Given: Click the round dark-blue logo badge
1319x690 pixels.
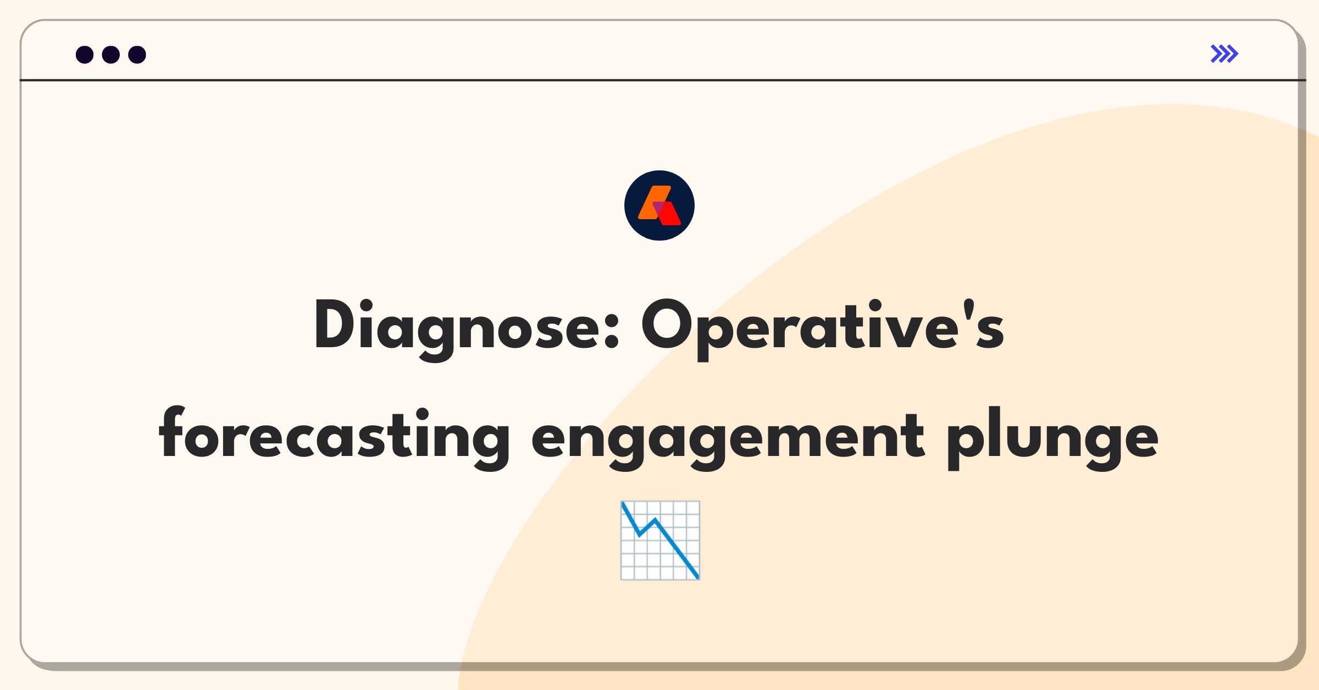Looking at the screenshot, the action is pyautogui.click(x=659, y=205).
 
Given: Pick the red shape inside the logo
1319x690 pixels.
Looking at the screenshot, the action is pyautogui.click(x=669, y=214).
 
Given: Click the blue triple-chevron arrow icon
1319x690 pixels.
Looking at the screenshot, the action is pyautogui.click(x=1224, y=54).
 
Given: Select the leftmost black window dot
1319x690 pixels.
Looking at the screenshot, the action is pyautogui.click(x=85, y=54).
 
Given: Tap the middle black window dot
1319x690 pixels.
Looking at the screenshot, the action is pyautogui.click(x=111, y=54).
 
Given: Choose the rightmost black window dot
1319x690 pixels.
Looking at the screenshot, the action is pyautogui.click(x=137, y=54).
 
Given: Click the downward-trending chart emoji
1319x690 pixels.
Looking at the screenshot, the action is pyautogui.click(x=660, y=540).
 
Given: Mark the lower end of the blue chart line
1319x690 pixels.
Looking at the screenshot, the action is pyautogui.click(x=698, y=578).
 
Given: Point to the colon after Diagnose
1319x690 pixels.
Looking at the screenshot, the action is pyautogui.click(x=612, y=331).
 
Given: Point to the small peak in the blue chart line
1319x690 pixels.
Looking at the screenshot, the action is pyautogui.click(x=655, y=519).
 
